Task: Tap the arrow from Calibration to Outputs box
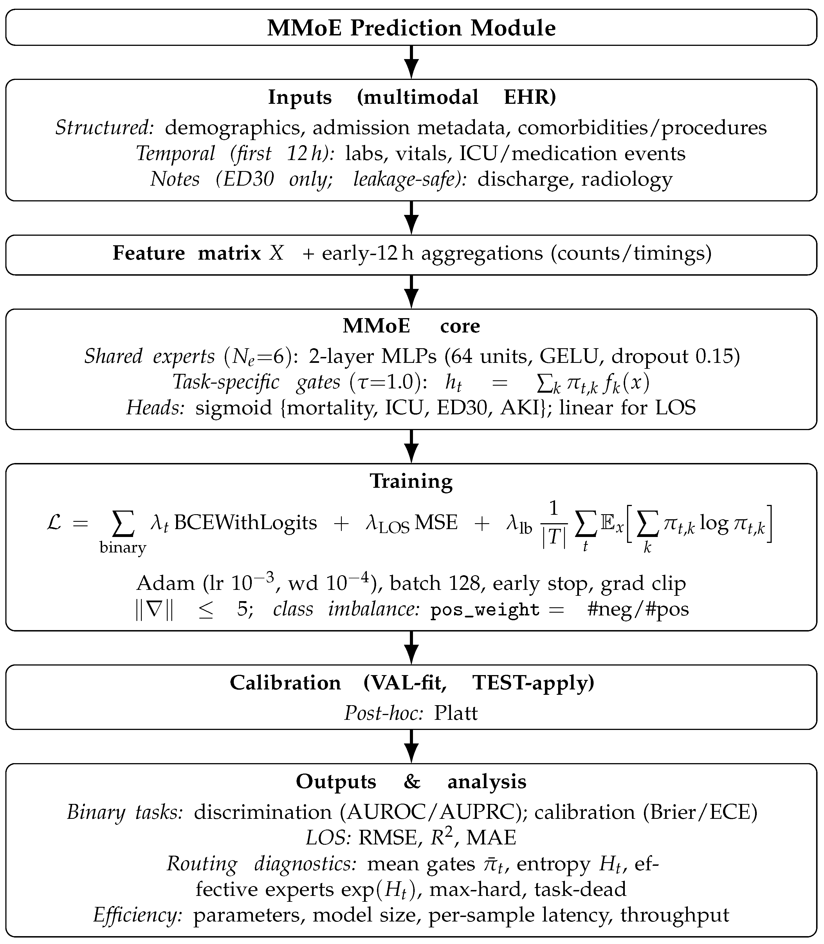coord(412,746)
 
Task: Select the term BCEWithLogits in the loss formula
coord(246,523)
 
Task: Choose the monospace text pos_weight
coord(485,610)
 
